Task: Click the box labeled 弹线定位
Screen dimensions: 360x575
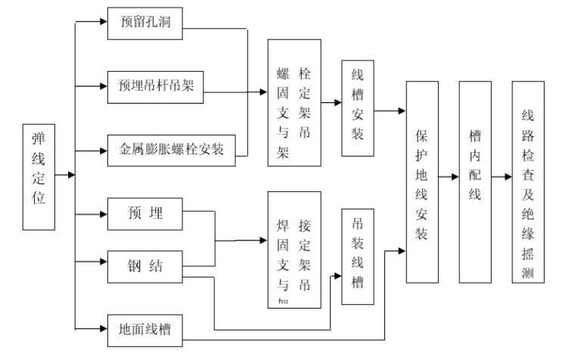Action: [39, 177]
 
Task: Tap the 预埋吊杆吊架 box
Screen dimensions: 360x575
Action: [156, 84]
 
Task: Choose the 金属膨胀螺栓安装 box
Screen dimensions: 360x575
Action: [172, 148]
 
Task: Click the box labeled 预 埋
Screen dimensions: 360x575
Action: [145, 214]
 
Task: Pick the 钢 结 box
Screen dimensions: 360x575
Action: [145, 266]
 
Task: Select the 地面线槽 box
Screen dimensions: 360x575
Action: [145, 331]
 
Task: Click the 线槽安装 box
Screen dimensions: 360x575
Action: [358, 108]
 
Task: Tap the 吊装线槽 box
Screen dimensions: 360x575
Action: [358, 256]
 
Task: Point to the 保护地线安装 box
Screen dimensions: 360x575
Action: [422, 182]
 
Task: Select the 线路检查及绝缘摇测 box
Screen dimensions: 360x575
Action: [527, 182]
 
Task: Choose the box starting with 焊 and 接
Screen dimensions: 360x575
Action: [294, 250]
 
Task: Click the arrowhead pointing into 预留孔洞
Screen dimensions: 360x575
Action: [102, 22]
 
